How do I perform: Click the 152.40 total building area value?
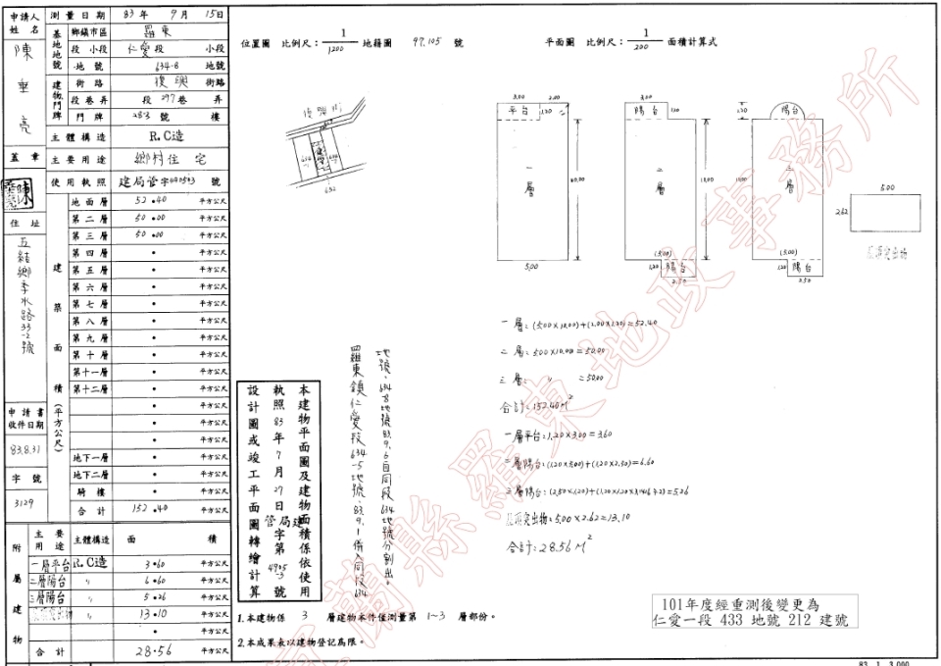coord(148,509)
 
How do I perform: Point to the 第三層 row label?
coord(89,235)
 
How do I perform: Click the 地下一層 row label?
coord(89,457)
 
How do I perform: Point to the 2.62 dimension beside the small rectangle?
coord(841,211)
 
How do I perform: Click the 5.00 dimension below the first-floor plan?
coord(531,268)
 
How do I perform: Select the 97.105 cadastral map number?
coord(429,43)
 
